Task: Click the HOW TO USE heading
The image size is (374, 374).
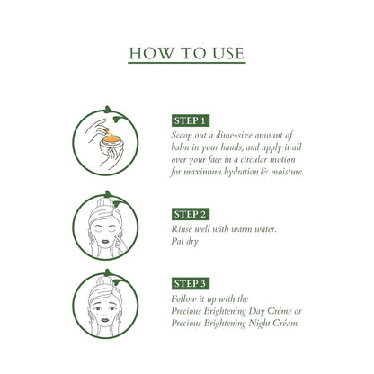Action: coord(186,53)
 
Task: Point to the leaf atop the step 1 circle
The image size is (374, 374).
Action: coord(111,111)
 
